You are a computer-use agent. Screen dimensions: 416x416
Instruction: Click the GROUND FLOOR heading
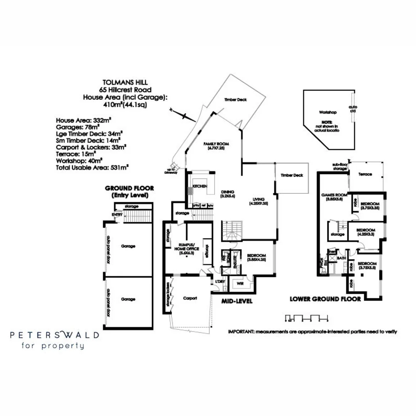click(x=129, y=188)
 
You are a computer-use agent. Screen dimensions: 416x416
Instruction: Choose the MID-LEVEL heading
click(x=237, y=301)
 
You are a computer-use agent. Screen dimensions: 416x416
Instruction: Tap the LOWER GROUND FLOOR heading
click(x=325, y=299)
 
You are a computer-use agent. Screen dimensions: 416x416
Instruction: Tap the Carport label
click(x=190, y=298)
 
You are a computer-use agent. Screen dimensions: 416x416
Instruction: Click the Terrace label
click(x=365, y=174)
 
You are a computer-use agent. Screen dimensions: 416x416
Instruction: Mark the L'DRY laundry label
click(x=220, y=282)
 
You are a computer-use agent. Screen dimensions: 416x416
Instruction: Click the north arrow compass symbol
click(x=179, y=114)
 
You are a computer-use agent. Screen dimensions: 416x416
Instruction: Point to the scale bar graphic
click(x=306, y=318)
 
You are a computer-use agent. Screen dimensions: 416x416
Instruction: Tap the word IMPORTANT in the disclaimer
click(x=240, y=331)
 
